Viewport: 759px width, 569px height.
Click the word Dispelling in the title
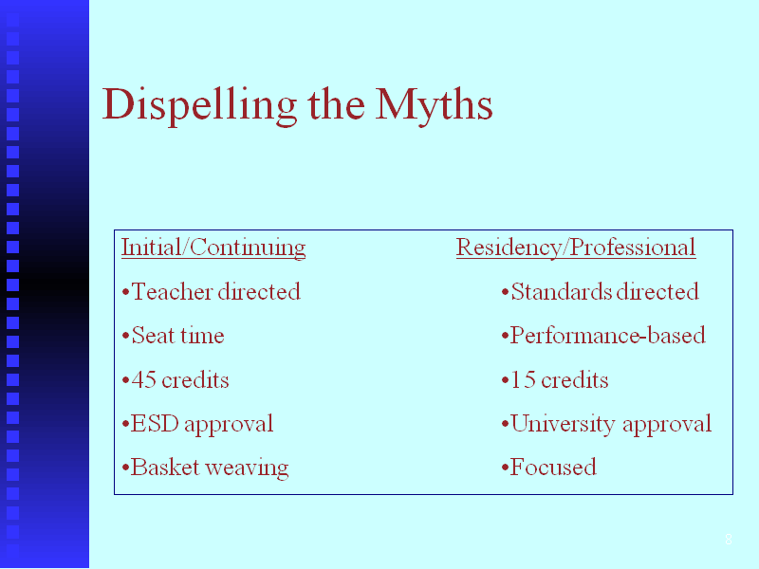tap(199, 105)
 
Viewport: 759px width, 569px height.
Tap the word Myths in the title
tap(435, 105)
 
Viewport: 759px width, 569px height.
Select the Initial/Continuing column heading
tap(213, 248)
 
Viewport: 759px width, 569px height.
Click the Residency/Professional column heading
tap(576, 248)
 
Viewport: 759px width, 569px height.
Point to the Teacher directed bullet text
tap(216, 291)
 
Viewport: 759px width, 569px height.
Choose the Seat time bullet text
tap(177, 336)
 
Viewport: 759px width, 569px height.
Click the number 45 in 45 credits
tap(144, 380)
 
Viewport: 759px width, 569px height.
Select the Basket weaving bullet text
tap(210, 468)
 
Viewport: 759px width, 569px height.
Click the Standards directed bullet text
tap(605, 291)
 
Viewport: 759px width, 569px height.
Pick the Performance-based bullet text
tap(608, 336)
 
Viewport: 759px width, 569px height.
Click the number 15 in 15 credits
tap(523, 380)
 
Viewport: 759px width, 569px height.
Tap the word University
tap(564, 424)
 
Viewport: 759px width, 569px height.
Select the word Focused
tap(553, 468)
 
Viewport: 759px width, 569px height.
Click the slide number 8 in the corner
tap(729, 539)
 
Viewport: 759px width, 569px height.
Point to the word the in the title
tap(336, 105)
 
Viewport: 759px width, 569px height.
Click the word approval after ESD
tap(229, 425)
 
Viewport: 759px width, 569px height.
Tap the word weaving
tap(247, 468)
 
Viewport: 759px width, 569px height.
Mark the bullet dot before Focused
tap(505, 468)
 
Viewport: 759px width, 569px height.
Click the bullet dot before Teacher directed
tap(125, 292)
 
